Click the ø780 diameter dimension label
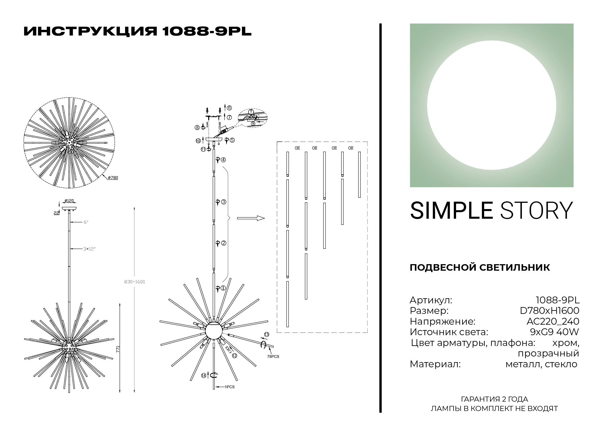point(113,178)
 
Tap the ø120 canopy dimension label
point(69,201)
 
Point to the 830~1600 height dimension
point(134,282)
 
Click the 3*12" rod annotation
point(89,249)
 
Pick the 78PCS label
point(273,356)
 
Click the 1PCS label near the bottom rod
point(229,387)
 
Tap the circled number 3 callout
point(224,202)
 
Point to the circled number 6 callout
point(229,108)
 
